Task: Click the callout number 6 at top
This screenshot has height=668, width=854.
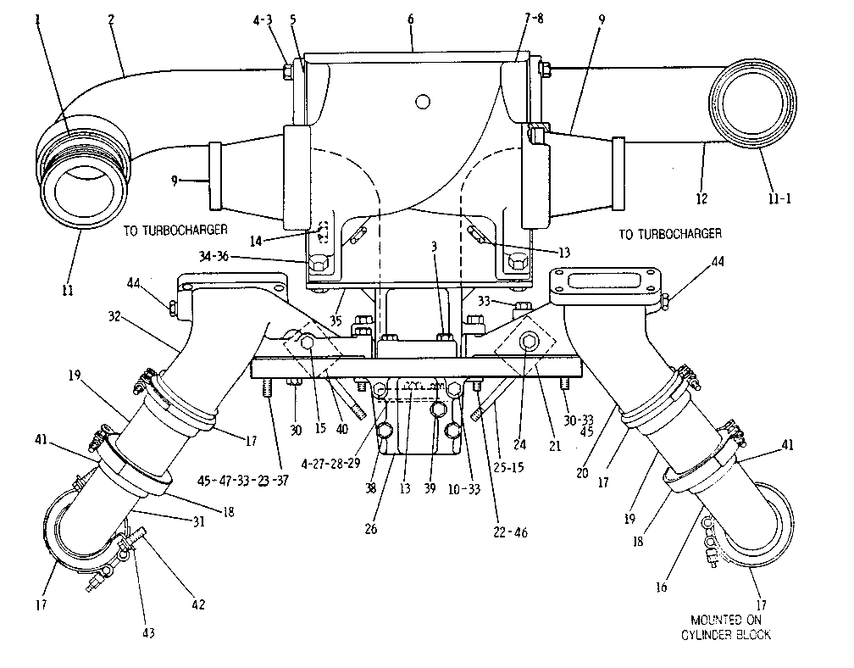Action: coord(411,19)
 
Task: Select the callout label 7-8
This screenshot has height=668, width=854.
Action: coord(534,19)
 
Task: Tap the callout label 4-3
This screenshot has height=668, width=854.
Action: coord(263,20)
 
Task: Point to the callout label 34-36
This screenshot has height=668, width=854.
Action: coord(213,256)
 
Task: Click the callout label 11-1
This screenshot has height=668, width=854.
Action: coord(779,198)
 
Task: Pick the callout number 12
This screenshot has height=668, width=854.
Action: coord(701,198)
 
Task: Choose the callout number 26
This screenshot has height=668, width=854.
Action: coord(371,528)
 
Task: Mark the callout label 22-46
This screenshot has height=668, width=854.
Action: coord(510,532)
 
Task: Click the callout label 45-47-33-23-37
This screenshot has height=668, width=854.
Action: coord(242,480)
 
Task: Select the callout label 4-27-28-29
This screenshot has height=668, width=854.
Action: coord(331,464)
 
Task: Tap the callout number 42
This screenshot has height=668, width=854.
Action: coord(198,604)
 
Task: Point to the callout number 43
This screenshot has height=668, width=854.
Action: coord(148,632)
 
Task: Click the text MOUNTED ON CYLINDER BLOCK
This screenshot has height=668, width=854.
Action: coord(726,627)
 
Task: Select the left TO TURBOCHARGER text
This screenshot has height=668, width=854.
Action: coord(175,230)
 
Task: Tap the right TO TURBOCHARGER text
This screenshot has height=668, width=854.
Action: coord(670,234)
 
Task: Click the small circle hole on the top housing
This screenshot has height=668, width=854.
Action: coord(423,102)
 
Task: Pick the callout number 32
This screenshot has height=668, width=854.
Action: coord(114,316)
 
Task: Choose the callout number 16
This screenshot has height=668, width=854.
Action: coord(661,587)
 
